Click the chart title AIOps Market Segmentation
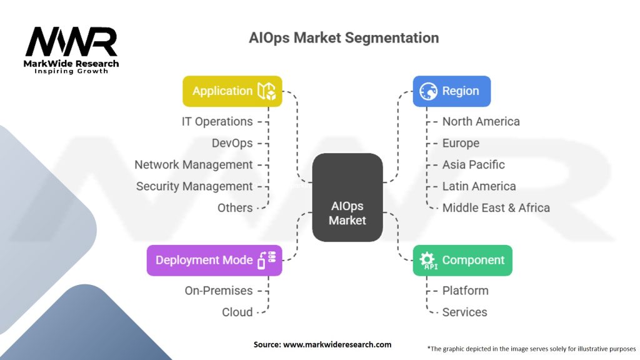[344, 37]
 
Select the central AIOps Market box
[347, 197]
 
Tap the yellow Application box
[232, 91]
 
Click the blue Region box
[451, 91]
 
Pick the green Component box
[462, 261]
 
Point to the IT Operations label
[217, 122]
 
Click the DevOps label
[232, 143]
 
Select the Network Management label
[194, 165]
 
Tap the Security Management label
[194, 186]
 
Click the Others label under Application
[235, 207]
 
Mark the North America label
[481, 122]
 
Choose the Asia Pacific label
[473, 165]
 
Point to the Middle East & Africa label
[496, 207]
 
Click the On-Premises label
[219, 291]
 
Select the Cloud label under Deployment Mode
[237, 312]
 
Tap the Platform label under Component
[465, 291]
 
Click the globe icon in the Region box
[428, 91]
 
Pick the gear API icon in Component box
[428, 261]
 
